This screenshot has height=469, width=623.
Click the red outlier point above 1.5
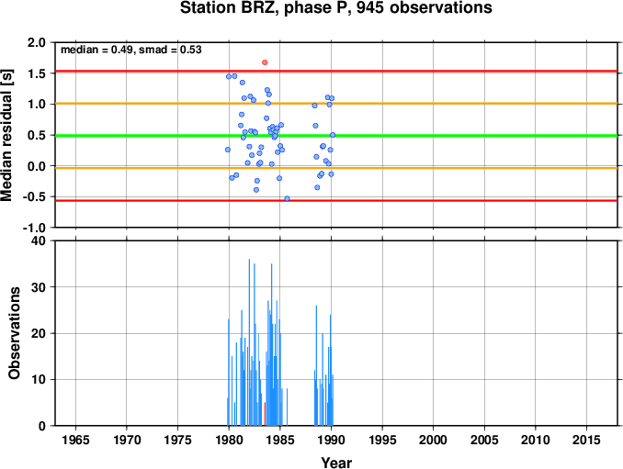coord(265,62)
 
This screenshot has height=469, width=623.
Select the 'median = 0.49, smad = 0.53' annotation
coord(131,50)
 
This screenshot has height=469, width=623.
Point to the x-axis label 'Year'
coord(336,463)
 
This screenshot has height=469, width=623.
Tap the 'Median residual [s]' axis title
coord(6,135)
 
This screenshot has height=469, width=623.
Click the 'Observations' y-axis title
coord(15,333)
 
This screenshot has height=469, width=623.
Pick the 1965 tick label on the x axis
coord(75,440)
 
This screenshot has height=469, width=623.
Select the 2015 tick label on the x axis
coord(586,440)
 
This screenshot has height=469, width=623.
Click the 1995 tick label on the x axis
coord(382,440)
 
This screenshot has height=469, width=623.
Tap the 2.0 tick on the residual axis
coord(37,42)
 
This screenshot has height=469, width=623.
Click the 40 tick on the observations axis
coord(39,240)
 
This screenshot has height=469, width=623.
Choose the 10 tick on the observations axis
coord(39,379)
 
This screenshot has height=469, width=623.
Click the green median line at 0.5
coord(336,136)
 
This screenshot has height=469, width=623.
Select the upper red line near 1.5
coord(336,72)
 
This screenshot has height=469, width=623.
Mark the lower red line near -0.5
coord(336,200)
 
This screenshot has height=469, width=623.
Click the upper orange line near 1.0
coord(336,104)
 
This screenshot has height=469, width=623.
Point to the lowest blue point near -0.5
coord(287,198)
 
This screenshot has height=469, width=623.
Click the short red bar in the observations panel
coord(265,414)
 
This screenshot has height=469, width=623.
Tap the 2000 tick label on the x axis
coord(433,440)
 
